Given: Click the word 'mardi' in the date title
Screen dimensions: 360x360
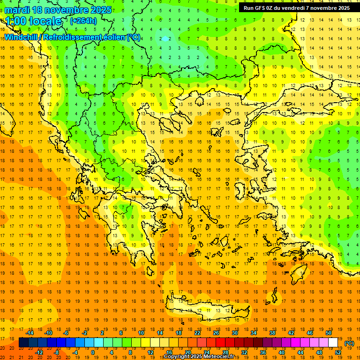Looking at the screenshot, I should click(17, 10).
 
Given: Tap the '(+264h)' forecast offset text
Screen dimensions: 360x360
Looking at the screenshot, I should click(83, 21).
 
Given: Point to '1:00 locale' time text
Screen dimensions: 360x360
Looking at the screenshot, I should click(33, 21).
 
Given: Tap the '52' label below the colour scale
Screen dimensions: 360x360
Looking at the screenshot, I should click(338, 352).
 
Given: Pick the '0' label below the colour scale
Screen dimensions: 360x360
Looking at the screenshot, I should click(93, 352).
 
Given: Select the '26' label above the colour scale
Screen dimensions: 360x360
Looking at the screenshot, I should click(216, 332).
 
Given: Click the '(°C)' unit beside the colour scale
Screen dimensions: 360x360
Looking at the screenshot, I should click(349, 343).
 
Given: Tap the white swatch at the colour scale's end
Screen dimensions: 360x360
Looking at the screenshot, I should click(333, 343).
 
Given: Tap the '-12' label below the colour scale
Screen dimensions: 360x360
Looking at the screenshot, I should click(39, 352).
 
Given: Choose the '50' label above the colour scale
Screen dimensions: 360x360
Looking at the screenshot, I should click(329, 332).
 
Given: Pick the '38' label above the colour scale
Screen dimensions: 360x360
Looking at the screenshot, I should click(272, 332).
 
